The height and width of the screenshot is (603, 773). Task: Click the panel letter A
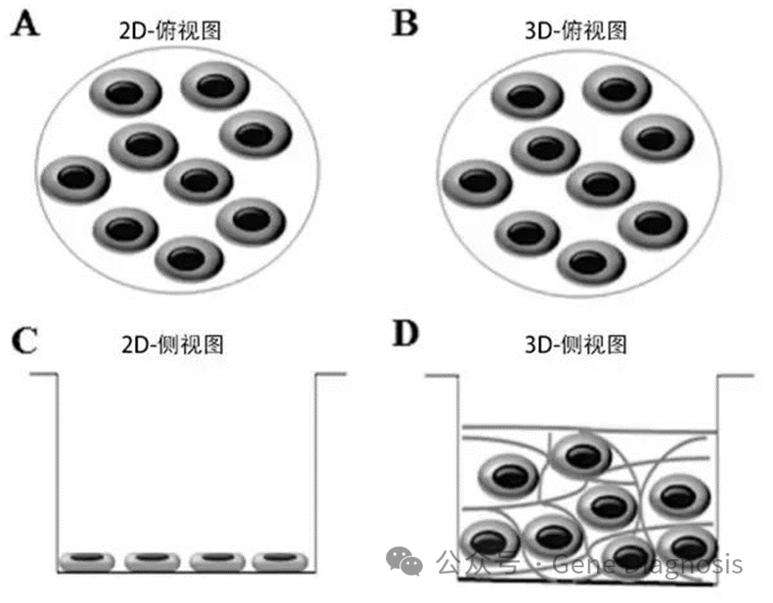coord(25,24)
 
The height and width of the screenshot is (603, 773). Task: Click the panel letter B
coord(407,24)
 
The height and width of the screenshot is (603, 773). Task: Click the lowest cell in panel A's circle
coord(190,258)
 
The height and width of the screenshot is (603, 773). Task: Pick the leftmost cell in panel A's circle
coord(77,178)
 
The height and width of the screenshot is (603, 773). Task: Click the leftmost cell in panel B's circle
coord(476,182)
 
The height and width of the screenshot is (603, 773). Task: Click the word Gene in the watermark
coord(584,564)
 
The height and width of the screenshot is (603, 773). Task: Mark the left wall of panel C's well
coord(58,465)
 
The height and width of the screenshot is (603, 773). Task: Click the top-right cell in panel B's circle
coord(657,136)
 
